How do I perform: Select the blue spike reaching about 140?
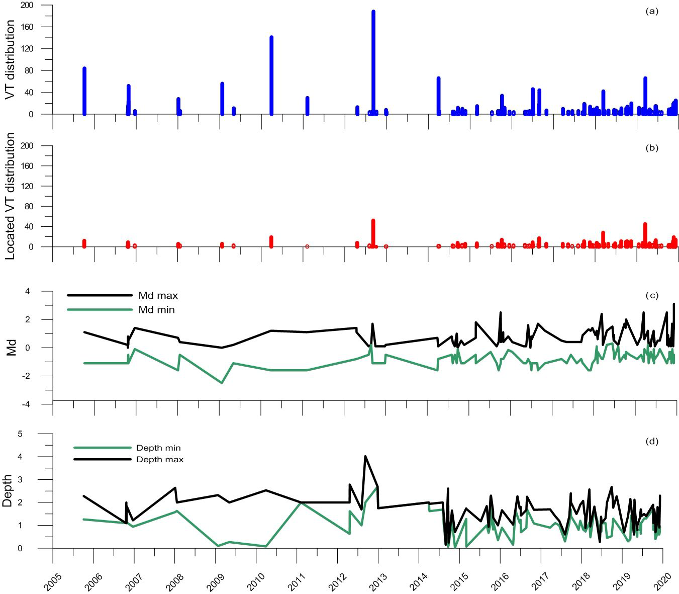click(x=271, y=75)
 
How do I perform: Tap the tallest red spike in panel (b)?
click(x=373, y=232)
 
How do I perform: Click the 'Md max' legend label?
click(x=158, y=296)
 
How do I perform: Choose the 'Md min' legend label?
click(x=156, y=310)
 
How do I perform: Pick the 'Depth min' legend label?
click(x=158, y=448)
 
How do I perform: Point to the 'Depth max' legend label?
click(x=160, y=459)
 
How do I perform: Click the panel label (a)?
click(x=651, y=12)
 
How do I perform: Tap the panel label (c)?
click(x=651, y=295)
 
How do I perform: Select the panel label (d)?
click(x=651, y=442)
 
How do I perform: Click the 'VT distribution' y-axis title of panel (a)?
click(x=11, y=59)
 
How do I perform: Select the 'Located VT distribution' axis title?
click(x=11, y=196)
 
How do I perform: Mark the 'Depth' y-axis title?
click(x=8, y=490)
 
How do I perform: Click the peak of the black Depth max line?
click(x=365, y=456)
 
